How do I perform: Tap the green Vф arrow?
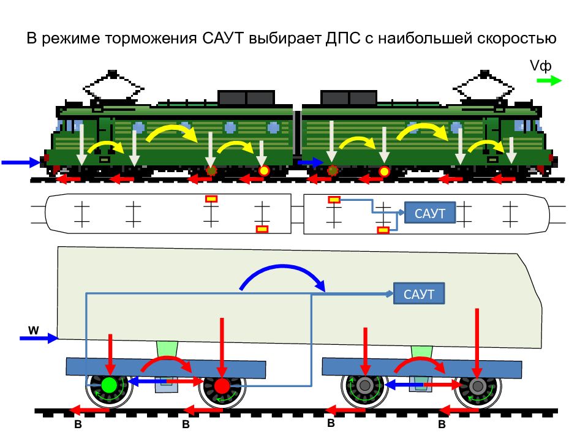coord(549,81)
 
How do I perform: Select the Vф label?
coord(540,66)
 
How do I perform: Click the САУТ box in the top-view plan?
coord(430,213)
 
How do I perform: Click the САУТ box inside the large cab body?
coord(419,293)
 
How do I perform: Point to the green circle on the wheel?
coord(110,385)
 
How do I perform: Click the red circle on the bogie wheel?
coord(222,385)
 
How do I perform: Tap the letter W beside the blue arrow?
coord(33,330)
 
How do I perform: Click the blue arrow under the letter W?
coord(39,338)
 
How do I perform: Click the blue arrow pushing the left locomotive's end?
coord(21,162)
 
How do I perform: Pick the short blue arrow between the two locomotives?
coord(310,162)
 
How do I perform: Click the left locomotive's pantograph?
coord(113,89)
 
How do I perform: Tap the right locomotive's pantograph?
coord(484,88)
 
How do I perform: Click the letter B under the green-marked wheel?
coord(78,424)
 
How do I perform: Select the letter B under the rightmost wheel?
coord(442,424)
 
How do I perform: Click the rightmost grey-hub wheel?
coord(477,386)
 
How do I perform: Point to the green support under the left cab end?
coord(167,350)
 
